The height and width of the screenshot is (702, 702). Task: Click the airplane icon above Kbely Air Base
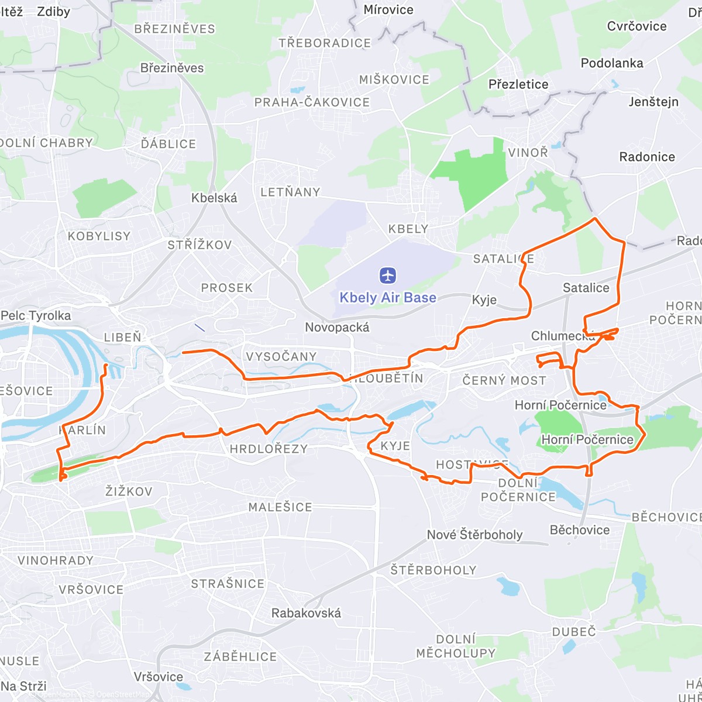pyautogui.click(x=388, y=275)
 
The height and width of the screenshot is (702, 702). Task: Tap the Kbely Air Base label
pyautogui.click(x=388, y=298)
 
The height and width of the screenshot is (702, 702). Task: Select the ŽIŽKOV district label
pyautogui.click(x=129, y=491)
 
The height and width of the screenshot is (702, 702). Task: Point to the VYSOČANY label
pyautogui.click(x=281, y=357)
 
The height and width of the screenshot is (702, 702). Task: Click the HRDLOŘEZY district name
pyautogui.click(x=269, y=449)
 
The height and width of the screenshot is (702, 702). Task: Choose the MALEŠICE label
pyautogui.click(x=280, y=507)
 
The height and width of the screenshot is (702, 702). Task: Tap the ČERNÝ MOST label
pyautogui.click(x=504, y=381)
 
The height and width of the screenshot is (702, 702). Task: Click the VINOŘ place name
pyautogui.click(x=528, y=153)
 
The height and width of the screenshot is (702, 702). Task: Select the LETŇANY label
pyautogui.click(x=290, y=192)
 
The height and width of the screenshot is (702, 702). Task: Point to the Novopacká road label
pyautogui.click(x=337, y=328)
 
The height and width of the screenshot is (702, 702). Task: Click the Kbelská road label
pyautogui.click(x=214, y=198)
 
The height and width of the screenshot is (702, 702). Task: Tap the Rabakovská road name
pyautogui.click(x=306, y=613)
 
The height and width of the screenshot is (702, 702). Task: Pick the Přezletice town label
pyautogui.click(x=518, y=84)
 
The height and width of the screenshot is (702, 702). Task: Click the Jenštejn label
pyautogui.click(x=653, y=102)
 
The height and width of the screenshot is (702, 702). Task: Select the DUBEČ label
pyautogui.click(x=574, y=632)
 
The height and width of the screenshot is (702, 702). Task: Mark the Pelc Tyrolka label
pyautogui.click(x=36, y=316)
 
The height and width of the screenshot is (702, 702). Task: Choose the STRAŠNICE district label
pyautogui.click(x=228, y=584)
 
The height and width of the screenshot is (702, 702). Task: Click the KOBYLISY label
pyautogui.click(x=99, y=236)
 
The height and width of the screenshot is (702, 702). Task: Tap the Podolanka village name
pyautogui.click(x=612, y=63)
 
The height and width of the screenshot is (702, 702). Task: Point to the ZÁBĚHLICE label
pyautogui.click(x=240, y=657)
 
